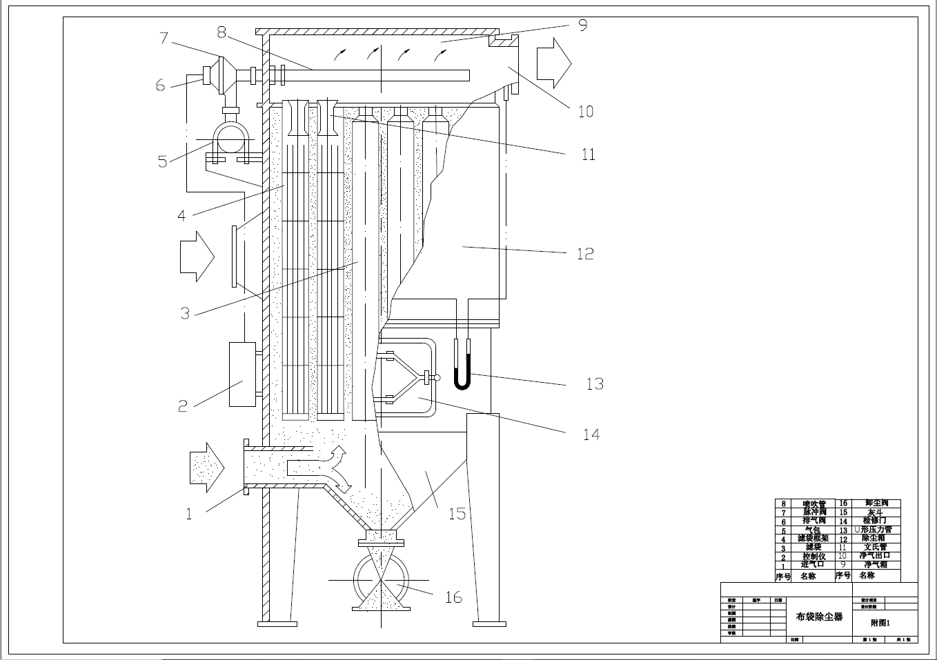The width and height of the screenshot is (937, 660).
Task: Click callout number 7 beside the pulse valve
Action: pos(164,37)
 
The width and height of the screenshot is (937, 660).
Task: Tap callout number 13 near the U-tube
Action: pos(595,383)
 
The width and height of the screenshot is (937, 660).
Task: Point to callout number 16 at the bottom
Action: pos(453,597)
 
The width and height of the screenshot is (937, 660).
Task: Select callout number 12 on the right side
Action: pos(585,254)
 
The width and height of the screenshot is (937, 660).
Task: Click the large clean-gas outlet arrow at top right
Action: pos(554,63)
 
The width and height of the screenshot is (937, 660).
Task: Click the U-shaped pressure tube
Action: pos(462,366)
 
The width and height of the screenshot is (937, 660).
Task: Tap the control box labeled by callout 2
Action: pos(242,374)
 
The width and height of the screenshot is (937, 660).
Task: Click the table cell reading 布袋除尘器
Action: pos(819,617)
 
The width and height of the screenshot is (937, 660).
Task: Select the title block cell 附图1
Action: pos(880,623)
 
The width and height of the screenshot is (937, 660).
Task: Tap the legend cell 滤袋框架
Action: pos(812,539)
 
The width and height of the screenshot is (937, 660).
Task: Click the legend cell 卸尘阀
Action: pos(876,503)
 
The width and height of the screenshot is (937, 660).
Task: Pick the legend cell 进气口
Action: pos(812,565)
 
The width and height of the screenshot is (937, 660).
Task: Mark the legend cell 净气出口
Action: pos(874,556)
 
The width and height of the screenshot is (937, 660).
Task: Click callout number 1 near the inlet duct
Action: pos(189,514)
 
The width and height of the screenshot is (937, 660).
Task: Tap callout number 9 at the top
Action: pos(583,26)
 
